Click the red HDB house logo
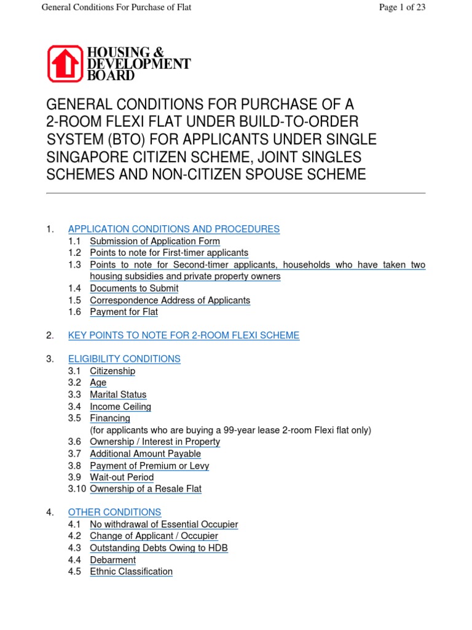(x=65, y=63)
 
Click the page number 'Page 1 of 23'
(x=402, y=7)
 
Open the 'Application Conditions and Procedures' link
(x=173, y=229)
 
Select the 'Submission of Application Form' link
(x=155, y=241)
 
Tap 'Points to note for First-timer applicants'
(x=169, y=253)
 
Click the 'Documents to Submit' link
(x=134, y=288)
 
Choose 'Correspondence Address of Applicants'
(x=170, y=300)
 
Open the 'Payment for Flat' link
(x=124, y=312)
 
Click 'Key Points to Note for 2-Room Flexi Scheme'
(x=184, y=335)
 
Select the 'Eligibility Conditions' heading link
(x=124, y=359)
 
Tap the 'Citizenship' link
(x=112, y=371)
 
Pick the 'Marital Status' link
(x=118, y=394)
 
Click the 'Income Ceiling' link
(x=120, y=407)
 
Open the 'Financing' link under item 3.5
(x=110, y=418)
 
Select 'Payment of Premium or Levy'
(x=149, y=466)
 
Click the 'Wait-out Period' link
(x=122, y=477)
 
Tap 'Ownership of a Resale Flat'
(x=146, y=489)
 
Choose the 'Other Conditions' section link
(x=114, y=512)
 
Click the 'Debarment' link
(x=112, y=560)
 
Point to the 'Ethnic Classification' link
(x=131, y=572)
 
